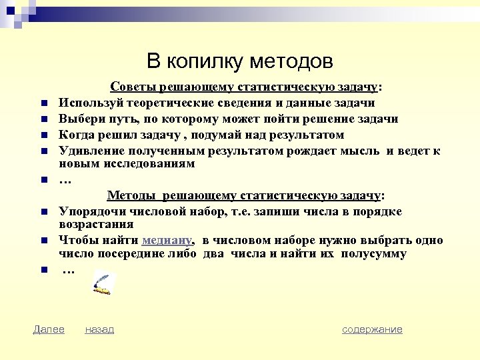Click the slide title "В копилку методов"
pos(239,61)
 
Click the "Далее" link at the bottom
pos(49,329)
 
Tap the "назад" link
pos(99,329)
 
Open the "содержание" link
pos(372,329)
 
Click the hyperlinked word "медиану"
pos(167,241)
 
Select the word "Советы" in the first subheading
pos(132,87)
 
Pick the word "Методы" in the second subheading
pos(130,195)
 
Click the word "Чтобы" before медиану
pos(77,241)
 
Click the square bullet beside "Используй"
pos(41,104)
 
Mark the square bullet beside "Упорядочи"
pos(41,213)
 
